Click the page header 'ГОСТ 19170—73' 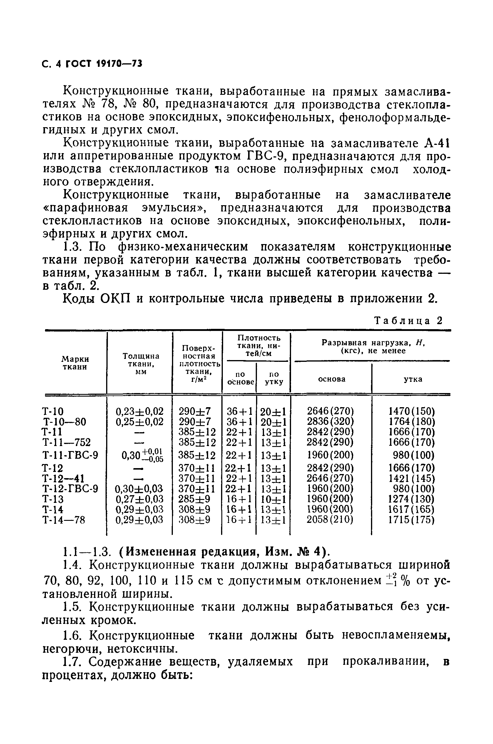click(x=103, y=64)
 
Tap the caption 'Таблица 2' click(x=408, y=321)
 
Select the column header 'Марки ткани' click(x=75, y=363)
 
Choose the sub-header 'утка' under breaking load click(x=413, y=379)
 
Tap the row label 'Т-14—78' click(x=63, y=520)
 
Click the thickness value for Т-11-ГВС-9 click(x=140, y=455)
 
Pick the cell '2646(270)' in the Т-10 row click(x=330, y=411)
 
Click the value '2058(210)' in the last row click(x=330, y=520)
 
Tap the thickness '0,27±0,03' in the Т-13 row click(x=140, y=499)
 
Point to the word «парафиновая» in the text click(x=85, y=208)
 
